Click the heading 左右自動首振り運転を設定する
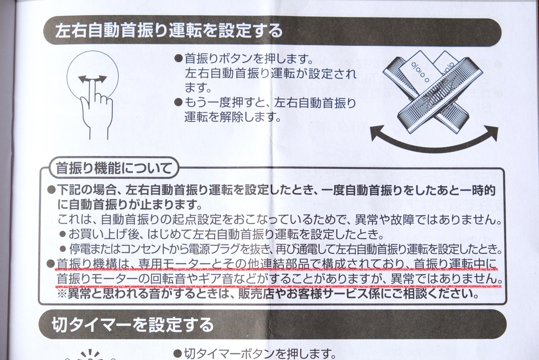click(x=169, y=31)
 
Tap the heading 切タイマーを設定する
click(x=133, y=325)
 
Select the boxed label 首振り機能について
click(x=114, y=168)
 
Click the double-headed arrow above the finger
click(x=93, y=79)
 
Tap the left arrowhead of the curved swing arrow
click(x=376, y=132)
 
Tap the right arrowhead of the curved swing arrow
click(x=492, y=132)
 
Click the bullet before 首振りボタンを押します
click(x=178, y=58)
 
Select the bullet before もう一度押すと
click(x=178, y=102)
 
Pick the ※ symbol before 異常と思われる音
click(x=62, y=294)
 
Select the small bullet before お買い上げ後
click(x=62, y=234)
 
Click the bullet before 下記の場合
click(x=52, y=190)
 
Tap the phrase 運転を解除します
click(x=232, y=117)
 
